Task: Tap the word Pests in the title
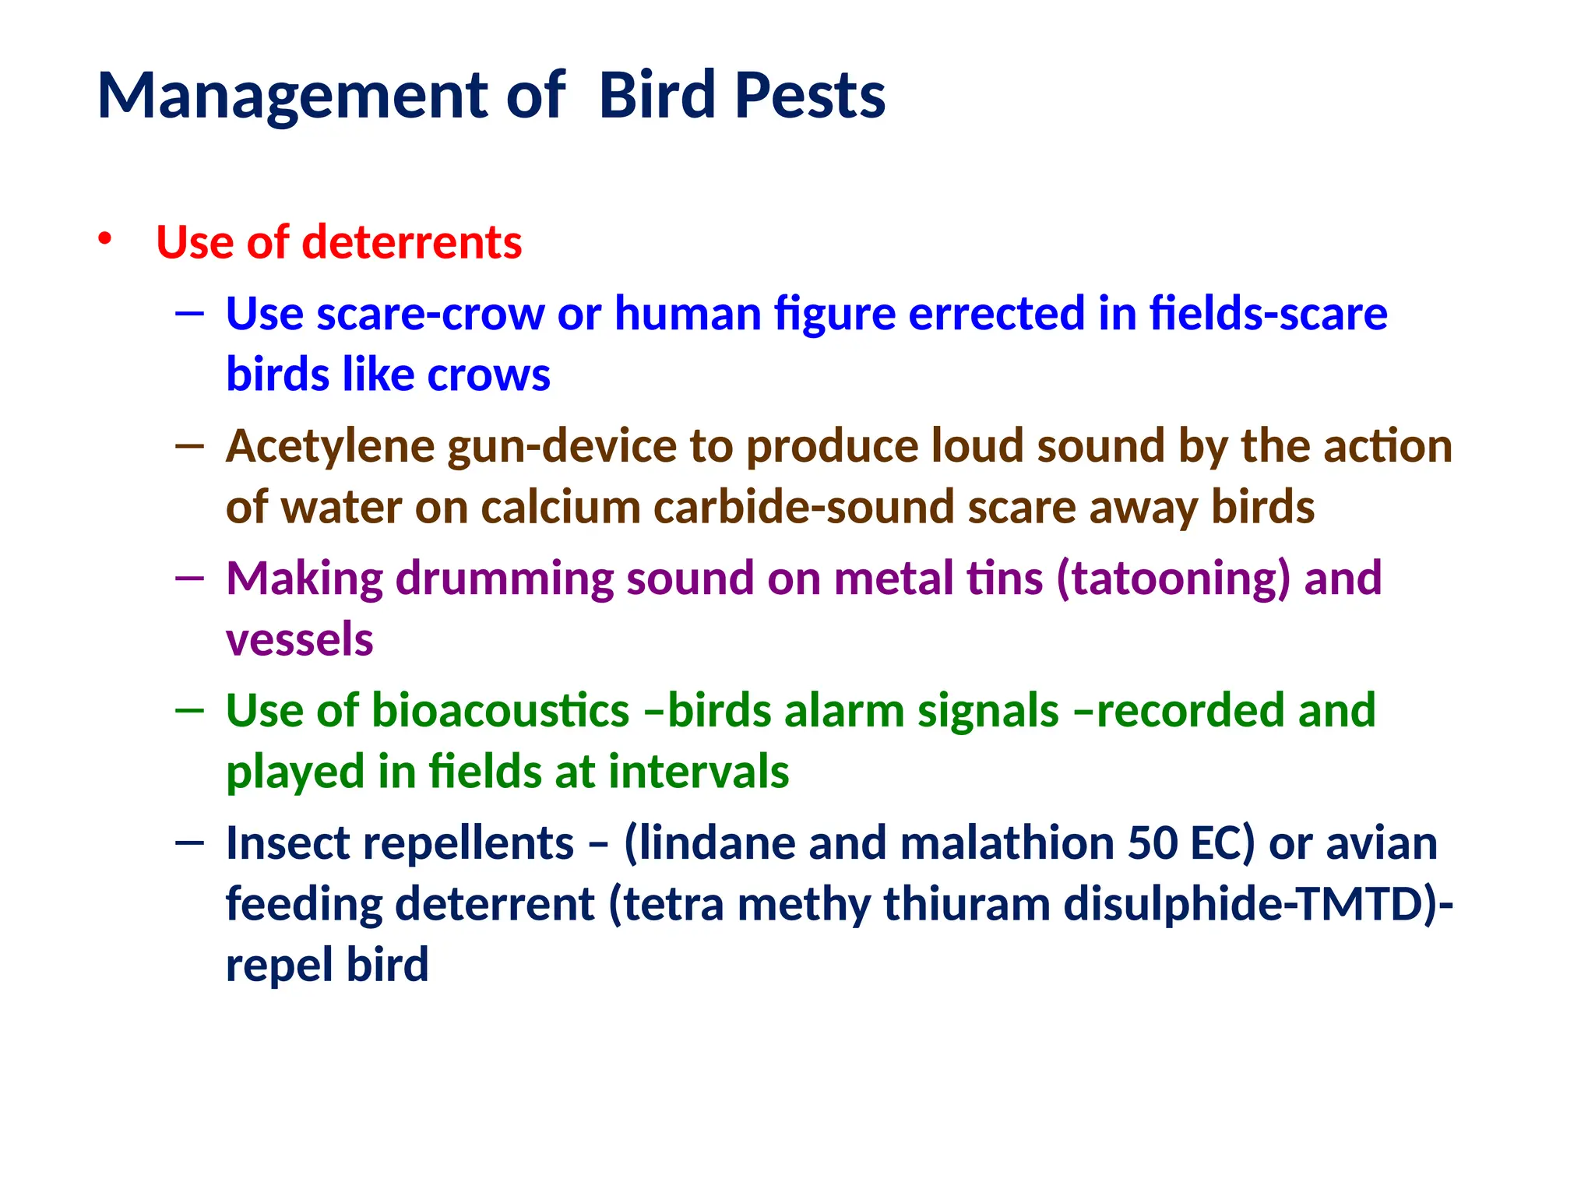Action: (x=809, y=97)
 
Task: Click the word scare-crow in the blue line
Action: (x=430, y=314)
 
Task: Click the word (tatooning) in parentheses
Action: (x=1173, y=579)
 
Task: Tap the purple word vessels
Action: (x=299, y=640)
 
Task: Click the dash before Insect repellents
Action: (x=190, y=843)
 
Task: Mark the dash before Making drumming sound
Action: (x=190, y=579)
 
